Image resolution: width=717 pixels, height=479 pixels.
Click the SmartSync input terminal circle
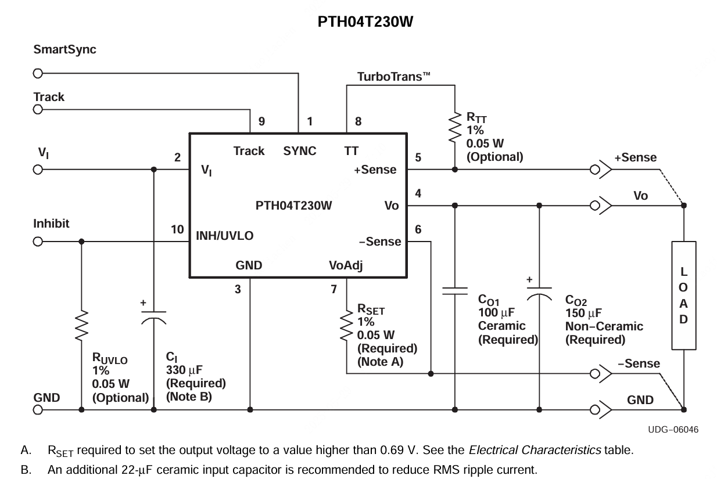[38, 74]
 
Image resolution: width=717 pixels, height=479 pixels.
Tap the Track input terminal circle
[38, 111]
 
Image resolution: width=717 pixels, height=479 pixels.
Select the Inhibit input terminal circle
[38, 242]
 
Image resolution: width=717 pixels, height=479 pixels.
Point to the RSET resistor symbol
[347, 325]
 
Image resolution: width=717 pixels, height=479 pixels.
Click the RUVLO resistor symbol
[81, 325]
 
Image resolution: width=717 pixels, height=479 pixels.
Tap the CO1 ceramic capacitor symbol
[455, 290]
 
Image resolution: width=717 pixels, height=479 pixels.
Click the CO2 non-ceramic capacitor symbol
[539, 293]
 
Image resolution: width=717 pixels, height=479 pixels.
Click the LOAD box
[683, 296]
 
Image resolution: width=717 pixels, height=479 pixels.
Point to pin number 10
[177, 230]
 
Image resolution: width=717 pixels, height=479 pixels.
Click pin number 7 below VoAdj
[334, 289]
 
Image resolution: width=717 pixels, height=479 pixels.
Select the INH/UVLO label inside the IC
[224, 236]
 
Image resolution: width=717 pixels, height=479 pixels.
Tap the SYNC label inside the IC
[300, 151]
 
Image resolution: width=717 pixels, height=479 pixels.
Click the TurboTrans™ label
[393, 77]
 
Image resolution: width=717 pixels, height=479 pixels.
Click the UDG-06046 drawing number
[673, 430]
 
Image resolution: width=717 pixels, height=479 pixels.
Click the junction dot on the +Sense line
[455, 170]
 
